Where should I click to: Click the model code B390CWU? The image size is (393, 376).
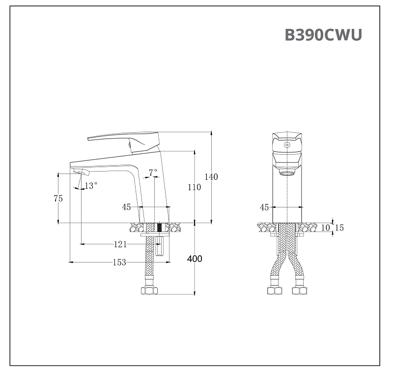323,35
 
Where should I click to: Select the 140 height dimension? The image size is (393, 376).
211,177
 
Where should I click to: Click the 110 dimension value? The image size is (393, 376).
195,187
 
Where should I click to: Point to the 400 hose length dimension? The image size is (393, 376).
195,259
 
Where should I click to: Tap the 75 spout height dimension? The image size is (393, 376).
58,199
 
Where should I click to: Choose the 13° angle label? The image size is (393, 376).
91,186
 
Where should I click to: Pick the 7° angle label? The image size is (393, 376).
153,172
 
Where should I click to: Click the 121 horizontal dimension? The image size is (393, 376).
120,244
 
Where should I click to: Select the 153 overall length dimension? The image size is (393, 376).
119,262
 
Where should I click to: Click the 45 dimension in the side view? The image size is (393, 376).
127,207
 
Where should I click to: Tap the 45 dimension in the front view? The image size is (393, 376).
264,207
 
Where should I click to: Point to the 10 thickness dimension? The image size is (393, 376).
325,228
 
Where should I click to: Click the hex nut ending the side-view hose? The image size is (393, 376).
149,290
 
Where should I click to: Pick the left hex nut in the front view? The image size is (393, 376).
274,290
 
